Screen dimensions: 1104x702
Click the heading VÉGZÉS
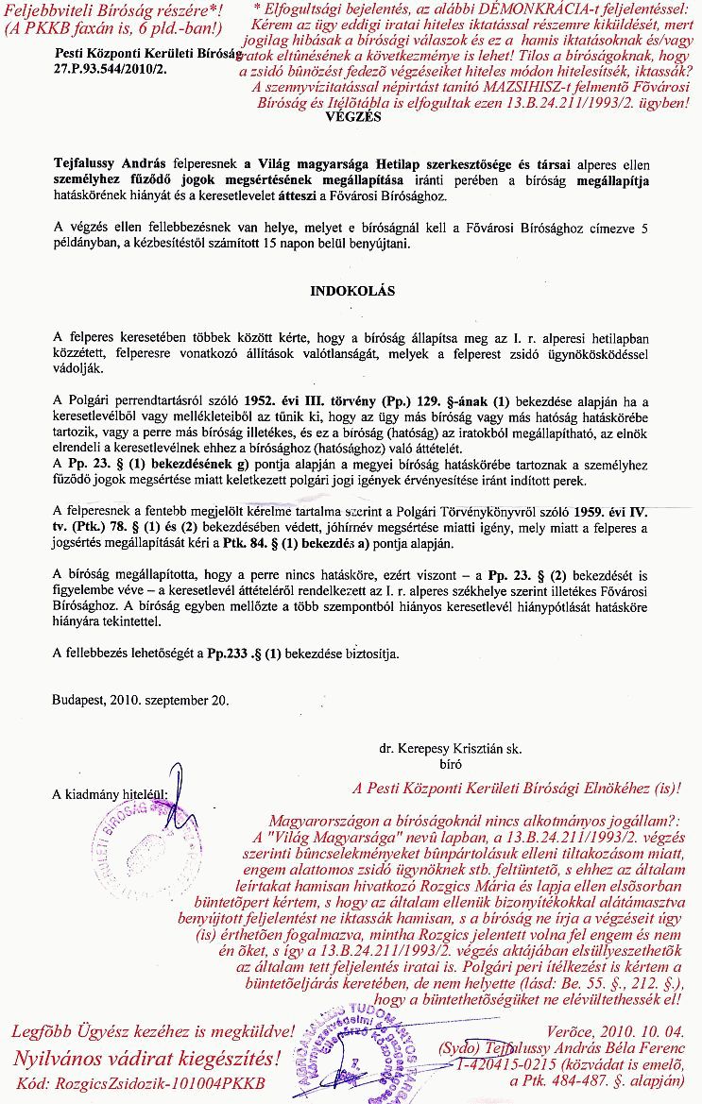(352, 118)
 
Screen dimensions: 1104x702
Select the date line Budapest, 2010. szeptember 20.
(140, 701)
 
